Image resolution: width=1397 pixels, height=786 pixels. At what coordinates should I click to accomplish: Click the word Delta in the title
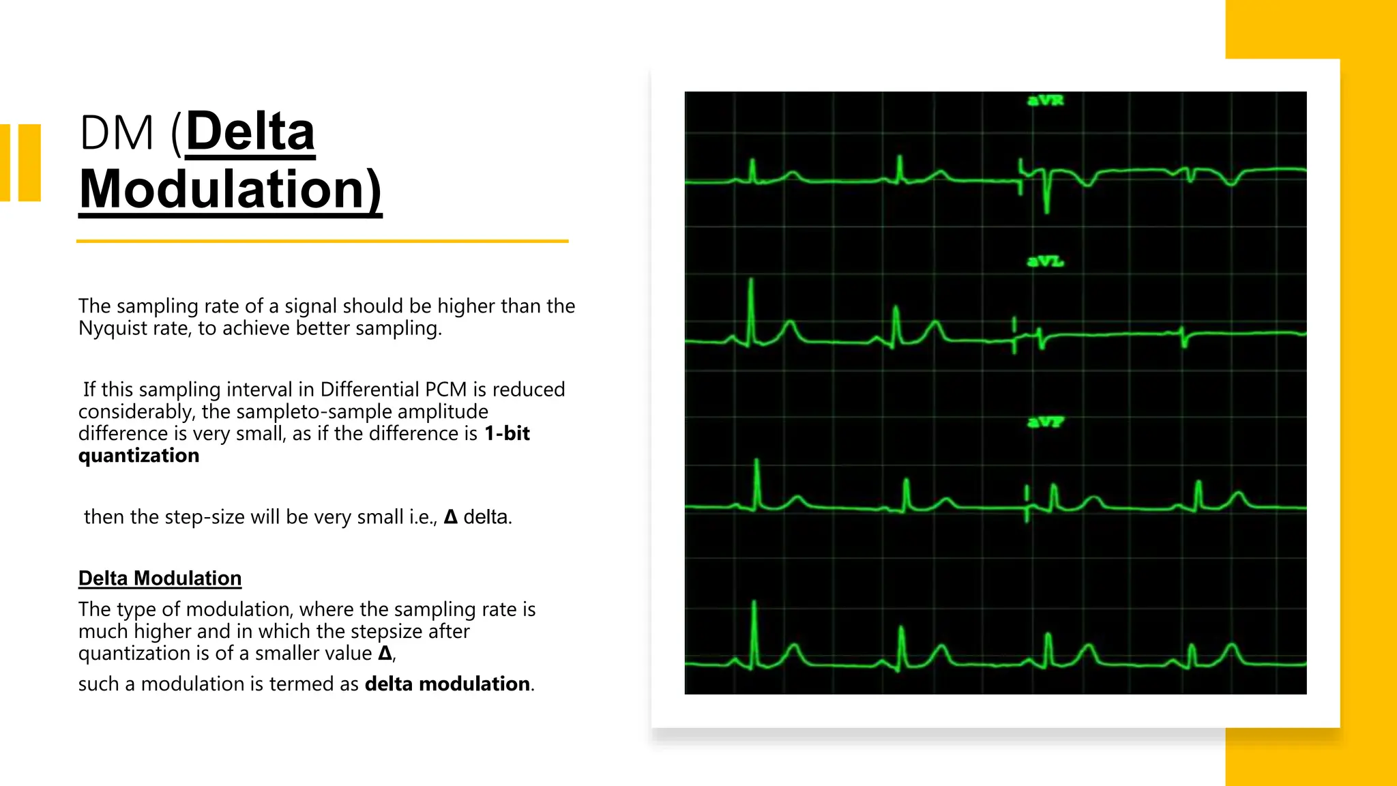(x=250, y=132)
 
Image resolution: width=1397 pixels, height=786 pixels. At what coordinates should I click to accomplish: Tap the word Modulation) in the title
(x=231, y=190)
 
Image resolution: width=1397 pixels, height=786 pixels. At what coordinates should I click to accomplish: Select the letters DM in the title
(x=117, y=132)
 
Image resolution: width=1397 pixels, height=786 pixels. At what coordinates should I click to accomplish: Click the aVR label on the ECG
(x=1045, y=101)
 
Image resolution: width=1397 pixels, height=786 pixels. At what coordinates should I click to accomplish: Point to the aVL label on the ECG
(x=1045, y=261)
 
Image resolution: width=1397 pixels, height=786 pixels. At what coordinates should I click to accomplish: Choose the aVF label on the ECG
(x=1045, y=422)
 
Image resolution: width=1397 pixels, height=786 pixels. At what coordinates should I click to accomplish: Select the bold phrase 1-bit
(x=507, y=433)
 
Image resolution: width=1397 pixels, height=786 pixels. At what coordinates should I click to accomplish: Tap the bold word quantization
(x=138, y=456)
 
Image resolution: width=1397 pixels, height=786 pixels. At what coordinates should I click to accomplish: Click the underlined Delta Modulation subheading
(x=160, y=579)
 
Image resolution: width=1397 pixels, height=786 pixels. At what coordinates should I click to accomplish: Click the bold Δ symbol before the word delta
(x=450, y=517)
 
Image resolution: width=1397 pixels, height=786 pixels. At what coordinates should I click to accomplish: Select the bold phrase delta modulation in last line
(x=447, y=684)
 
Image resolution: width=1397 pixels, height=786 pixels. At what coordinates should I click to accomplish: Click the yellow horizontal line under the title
(x=322, y=241)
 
